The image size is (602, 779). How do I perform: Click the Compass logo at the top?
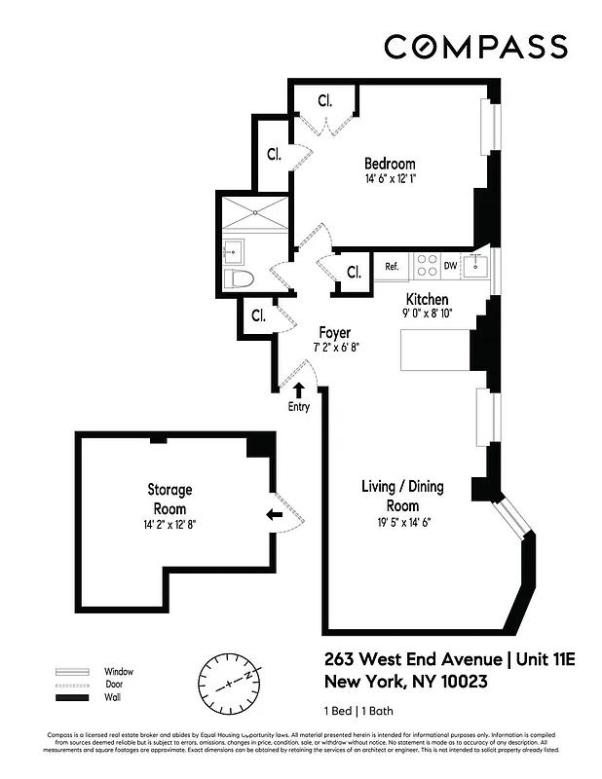pyautogui.click(x=475, y=47)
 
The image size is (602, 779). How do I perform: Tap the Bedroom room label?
pyautogui.click(x=390, y=164)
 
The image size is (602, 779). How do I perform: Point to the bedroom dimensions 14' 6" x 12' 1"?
pyautogui.click(x=390, y=179)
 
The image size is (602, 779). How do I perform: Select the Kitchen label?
pyautogui.click(x=427, y=299)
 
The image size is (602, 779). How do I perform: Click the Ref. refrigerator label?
pyautogui.click(x=393, y=266)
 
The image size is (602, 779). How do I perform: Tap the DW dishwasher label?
pyautogui.click(x=450, y=266)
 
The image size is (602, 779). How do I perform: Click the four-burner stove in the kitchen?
pyautogui.click(x=426, y=266)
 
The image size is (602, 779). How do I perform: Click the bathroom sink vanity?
pyautogui.click(x=234, y=248)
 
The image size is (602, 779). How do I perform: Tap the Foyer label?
pyautogui.click(x=335, y=332)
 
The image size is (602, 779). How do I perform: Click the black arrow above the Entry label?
pyautogui.click(x=298, y=389)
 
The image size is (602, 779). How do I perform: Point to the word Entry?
pyautogui.click(x=298, y=407)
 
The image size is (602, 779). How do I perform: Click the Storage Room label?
pyautogui.click(x=169, y=499)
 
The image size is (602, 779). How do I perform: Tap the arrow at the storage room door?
pyautogui.click(x=275, y=514)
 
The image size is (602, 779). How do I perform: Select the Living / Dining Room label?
pyautogui.click(x=390, y=496)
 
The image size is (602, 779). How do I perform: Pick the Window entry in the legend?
pyautogui.click(x=118, y=672)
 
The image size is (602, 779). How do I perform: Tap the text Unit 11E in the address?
pyautogui.click(x=546, y=660)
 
